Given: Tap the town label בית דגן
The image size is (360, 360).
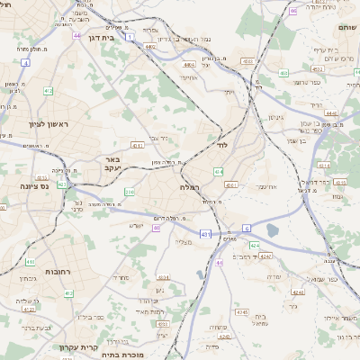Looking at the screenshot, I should pyautogui.click(x=109, y=39).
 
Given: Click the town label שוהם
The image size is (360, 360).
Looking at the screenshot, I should pyautogui.click(x=346, y=27).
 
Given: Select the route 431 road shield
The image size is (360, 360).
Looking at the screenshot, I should pyautogui.click(x=205, y=234).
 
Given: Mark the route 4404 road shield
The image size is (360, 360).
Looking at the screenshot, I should pyautogui.click(x=189, y=65).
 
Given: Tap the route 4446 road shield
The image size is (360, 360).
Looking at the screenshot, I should pyautogui.click(x=331, y=113).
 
